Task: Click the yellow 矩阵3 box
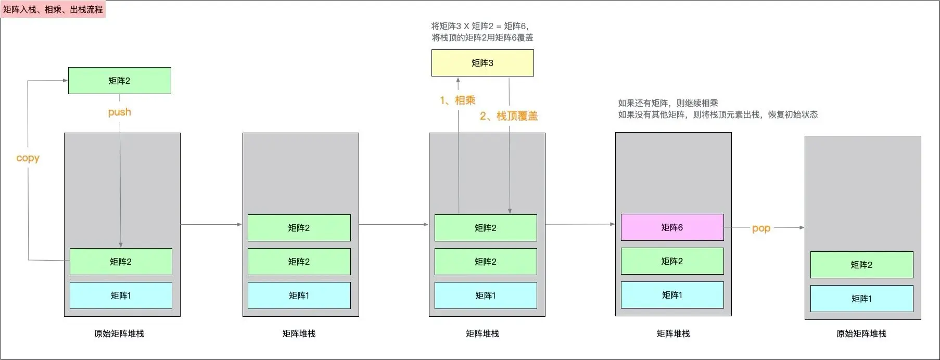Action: pos(482,63)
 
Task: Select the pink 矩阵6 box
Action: pos(672,227)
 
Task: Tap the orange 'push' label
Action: pos(120,112)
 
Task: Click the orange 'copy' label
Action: pos(28,158)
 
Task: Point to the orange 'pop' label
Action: pos(761,228)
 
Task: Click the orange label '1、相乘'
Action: pos(458,100)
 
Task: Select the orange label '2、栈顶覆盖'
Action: pos(509,116)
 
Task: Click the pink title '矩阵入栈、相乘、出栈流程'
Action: pos(53,9)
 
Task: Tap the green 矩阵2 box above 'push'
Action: pos(120,81)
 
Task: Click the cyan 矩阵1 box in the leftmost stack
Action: pos(121,295)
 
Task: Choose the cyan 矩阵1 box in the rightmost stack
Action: pos(861,299)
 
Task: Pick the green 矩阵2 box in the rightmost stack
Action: pos(861,265)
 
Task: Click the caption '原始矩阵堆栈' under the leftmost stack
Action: pos(119,333)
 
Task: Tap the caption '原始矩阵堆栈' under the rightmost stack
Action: pos(861,333)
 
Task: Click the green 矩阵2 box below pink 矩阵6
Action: pos(672,261)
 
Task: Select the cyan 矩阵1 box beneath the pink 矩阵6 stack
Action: pos(672,295)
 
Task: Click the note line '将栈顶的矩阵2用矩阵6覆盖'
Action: pos(482,37)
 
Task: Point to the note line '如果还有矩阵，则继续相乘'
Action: pos(668,103)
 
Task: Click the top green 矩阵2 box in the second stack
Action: pos(299,228)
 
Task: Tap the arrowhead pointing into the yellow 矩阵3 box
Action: pos(458,80)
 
